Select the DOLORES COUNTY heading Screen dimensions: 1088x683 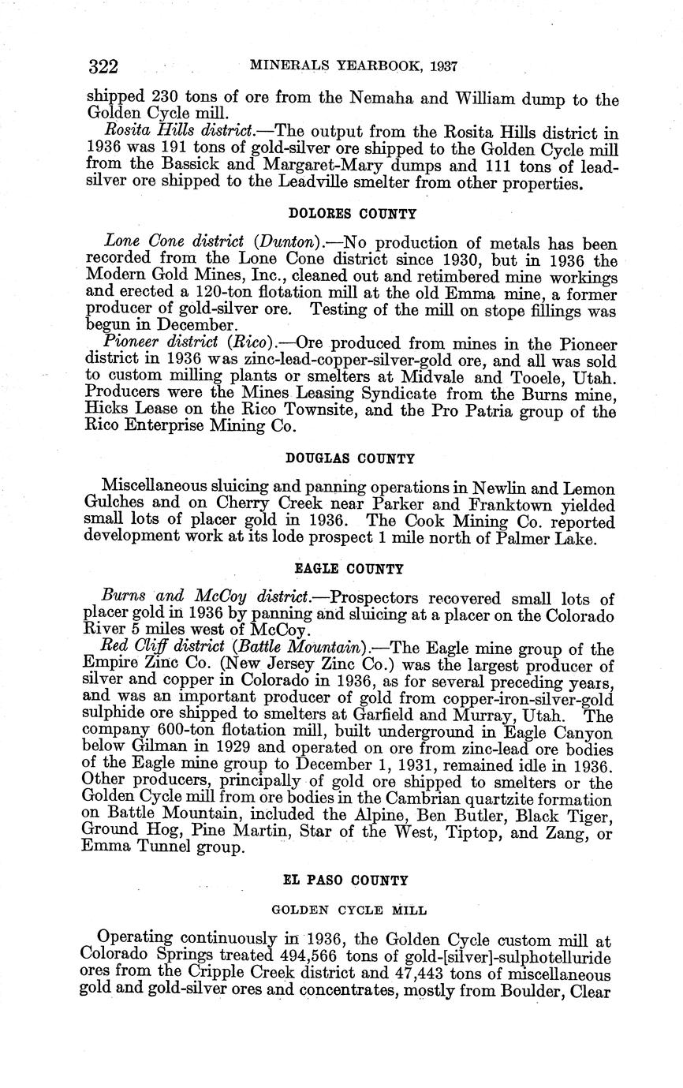[x=353, y=214]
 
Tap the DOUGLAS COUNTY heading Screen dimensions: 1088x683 [x=350, y=458]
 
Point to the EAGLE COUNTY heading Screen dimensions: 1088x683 [x=349, y=568]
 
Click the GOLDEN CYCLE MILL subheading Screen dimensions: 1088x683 [x=349, y=910]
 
